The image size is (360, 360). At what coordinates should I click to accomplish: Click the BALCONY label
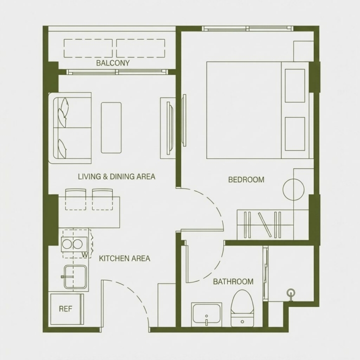(112, 63)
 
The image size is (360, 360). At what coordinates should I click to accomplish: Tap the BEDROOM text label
(246, 179)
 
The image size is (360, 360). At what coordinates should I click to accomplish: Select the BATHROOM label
(233, 281)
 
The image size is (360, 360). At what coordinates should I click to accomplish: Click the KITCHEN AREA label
(124, 258)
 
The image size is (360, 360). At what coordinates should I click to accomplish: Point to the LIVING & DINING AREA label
(116, 176)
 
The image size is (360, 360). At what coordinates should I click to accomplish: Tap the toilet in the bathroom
(242, 308)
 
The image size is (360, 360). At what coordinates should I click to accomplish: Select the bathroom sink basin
(206, 314)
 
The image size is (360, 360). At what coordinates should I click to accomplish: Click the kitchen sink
(75, 276)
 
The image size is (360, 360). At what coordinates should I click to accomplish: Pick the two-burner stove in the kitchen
(74, 244)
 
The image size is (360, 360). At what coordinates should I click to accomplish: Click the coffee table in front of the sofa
(111, 127)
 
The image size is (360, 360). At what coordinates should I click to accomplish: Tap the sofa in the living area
(70, 128)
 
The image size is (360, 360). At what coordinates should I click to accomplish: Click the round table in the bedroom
(293, 189)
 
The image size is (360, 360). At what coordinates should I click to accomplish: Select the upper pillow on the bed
(295, 85)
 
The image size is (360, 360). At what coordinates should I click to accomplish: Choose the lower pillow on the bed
(295, 134)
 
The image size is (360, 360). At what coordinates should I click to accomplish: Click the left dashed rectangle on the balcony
(88, 48)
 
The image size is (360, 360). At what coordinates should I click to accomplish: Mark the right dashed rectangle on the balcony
(140, 48)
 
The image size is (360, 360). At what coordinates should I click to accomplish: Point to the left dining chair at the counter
(76, 199)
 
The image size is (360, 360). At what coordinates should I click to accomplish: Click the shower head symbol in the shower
(291, 293)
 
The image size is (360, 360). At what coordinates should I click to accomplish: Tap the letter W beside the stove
(84, 254)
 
